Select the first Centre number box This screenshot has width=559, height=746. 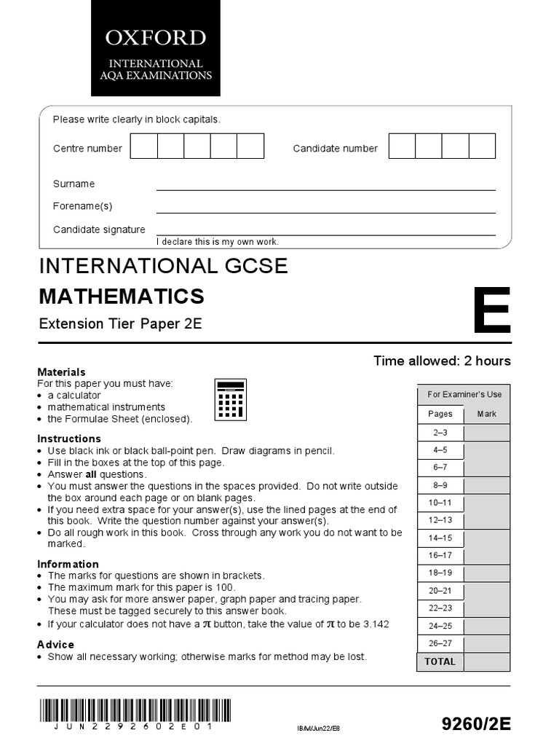pyautogui.click(x=143, y=146)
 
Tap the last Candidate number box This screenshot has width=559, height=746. pyautogui.click(x=482, y=146)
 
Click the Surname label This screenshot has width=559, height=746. pyautogui.click(x=74, y=184)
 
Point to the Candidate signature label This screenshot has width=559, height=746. pyautogui.click(x=99, y=229)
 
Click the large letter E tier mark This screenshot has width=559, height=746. pyautogui.click(x=491, y=310)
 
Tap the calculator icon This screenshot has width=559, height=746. pyautogui.click(x=230, y=401)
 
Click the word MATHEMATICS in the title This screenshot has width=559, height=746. pyautogui.click(x=122, y=296)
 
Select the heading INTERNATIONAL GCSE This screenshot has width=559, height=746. pyautogui.click(x=163, y=266)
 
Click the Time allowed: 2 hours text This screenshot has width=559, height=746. pyautogui.click(x=442, y=361)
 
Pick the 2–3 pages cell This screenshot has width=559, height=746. pyautogui.click(x=440, y=432)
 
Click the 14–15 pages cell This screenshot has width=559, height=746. pyautogui.click(x=440, y=538)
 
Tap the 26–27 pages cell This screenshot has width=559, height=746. pyautogui.click(x=440, y=643)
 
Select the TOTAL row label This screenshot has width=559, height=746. pyautogui.click(x=440, y=661)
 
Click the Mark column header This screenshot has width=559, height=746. pyautogui.click(x=486, y=414)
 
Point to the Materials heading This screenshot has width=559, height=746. pyautogui.click(x=61, y=372)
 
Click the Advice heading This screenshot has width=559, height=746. pyautogui.click(x=55, y=644)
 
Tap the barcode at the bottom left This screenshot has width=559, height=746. pyautogui.click(x=135, y=711)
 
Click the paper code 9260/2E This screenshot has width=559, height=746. pyautogui.click(x=477, y=723)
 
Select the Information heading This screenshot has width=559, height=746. pyautogui.click(x=68, y=564)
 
